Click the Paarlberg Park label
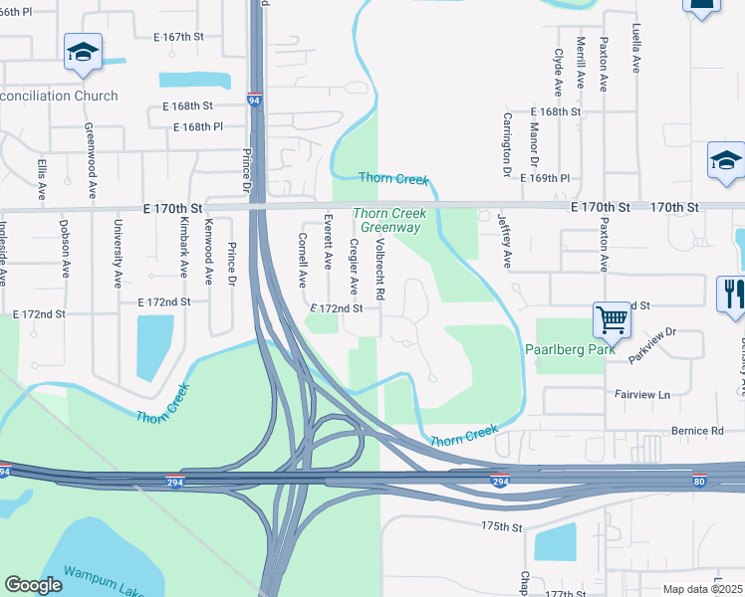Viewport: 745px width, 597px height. [570, 350]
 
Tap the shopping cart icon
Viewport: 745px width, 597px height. [613, 320]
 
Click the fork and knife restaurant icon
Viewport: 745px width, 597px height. [732, 295]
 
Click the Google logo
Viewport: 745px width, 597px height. [33, 585]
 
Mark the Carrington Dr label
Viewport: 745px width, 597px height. [507, 150]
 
